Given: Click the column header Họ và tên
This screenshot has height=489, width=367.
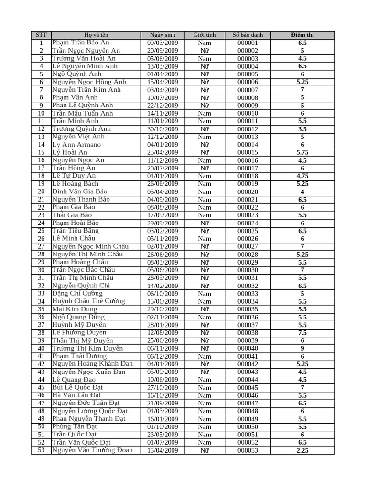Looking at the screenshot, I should click(96, 35).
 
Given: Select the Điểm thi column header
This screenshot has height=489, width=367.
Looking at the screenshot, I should click(302, 35).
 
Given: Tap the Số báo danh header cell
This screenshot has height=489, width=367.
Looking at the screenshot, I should click(248, 35).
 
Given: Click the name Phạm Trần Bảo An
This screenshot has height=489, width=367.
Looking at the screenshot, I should click(81, 43).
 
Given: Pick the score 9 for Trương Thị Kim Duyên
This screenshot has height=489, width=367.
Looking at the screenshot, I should click(302, 348).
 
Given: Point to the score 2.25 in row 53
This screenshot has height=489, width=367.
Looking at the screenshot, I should click(302, 450).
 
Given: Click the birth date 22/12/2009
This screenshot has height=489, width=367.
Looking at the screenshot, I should click(162, 106).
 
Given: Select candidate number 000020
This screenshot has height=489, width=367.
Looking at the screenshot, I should click(248, 191).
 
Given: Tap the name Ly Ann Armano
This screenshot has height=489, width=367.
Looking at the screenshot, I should click(76, 145).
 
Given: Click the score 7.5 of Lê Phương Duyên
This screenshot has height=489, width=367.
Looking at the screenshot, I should click(302, 333).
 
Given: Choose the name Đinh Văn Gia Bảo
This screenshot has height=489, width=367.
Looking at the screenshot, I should click(80, 191).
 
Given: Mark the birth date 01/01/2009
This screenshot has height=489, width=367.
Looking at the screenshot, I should click(162, 176).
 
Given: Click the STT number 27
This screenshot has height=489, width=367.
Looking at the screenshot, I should click(41, 246).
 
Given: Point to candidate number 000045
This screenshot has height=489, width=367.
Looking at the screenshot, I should click(248, 388).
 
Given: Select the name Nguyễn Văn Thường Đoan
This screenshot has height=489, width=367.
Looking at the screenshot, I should click(92, 450).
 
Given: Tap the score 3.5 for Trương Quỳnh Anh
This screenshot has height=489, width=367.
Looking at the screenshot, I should click(302, 129).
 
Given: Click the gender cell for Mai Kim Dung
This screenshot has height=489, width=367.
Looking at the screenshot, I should click(205, 309).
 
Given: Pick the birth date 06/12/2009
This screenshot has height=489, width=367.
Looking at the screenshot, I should click(162, 356).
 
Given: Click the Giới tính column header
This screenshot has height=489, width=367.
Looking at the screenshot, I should click(205, 35).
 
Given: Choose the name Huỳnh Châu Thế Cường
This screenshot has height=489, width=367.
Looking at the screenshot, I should click(88, 301).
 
